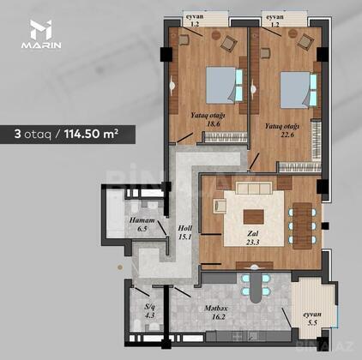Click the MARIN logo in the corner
click(x=41, y=34)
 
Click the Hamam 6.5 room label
click(x=142, y=225)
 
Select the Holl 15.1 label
click(x=184, y=232)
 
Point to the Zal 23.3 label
click(x=253, y=237)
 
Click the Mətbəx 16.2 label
click(x=216, y=312)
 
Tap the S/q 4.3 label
click(x=149, y=311)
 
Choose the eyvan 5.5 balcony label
click(x=312, y=319)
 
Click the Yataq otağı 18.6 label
click(x=208, y=120)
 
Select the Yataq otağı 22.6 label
click(x=282, y=130)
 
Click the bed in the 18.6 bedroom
click(x=224, y=85)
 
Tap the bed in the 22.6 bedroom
click(x=299, y=90)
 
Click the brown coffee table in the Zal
click(x=254, y=217)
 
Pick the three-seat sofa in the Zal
click(x=253, y=189)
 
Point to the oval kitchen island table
click(x=256, y=285)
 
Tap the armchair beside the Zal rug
click(x=220, y=206)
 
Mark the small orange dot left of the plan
click(x=120, y=267)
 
